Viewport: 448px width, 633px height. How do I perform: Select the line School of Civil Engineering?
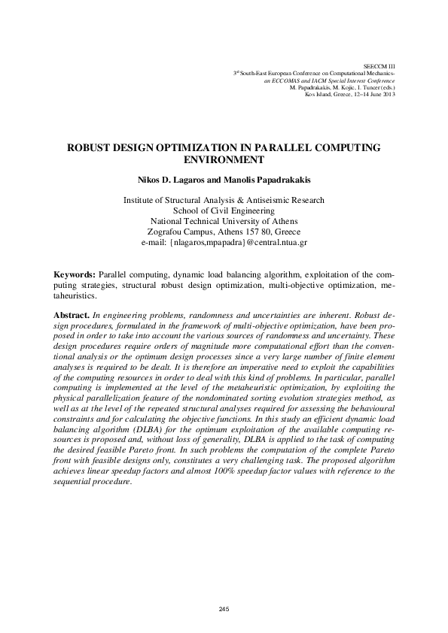(x=224, y=211)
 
